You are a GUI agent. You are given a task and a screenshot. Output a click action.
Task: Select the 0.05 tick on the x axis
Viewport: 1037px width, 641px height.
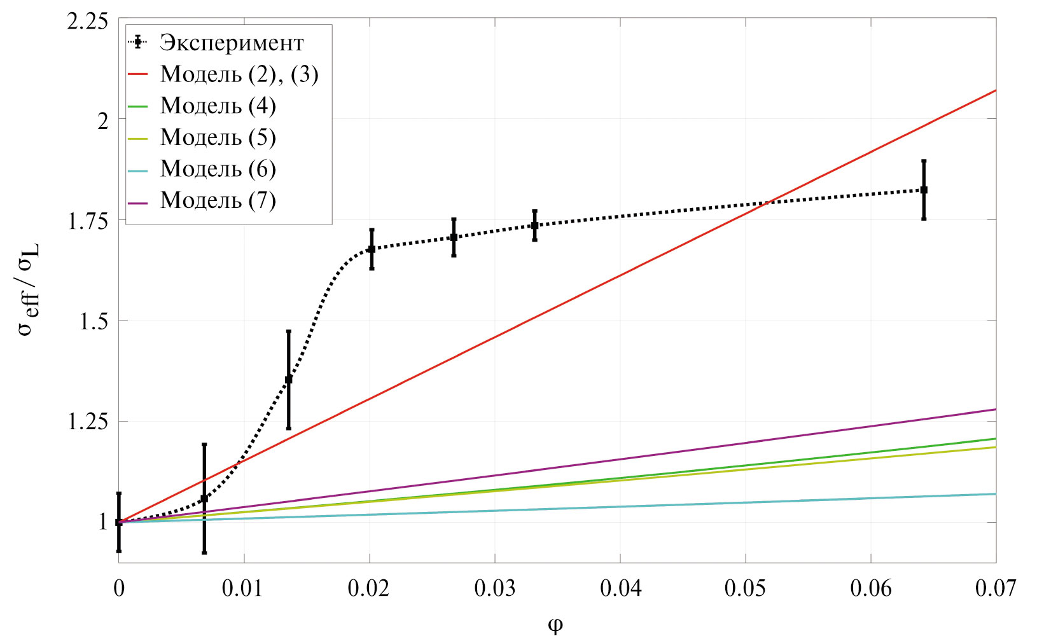[x=745, y=589]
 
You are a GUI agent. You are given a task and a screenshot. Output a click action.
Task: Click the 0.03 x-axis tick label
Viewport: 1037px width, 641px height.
[x=494, y=589]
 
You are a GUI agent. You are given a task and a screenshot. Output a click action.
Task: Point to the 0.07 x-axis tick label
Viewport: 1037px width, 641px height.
[x=995, y=589]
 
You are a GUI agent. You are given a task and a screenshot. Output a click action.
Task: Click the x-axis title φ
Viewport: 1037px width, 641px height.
[x=555, y=626]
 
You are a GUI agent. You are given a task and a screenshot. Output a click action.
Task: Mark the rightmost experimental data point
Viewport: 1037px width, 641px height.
[x=924, y=190]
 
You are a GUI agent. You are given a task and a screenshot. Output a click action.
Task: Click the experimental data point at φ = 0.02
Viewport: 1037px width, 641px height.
[x=372, y=249]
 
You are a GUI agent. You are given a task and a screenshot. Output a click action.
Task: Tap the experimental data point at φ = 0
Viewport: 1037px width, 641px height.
[x=119, y=522]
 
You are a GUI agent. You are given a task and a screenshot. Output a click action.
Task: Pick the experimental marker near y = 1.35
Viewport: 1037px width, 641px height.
[x=289, y=380]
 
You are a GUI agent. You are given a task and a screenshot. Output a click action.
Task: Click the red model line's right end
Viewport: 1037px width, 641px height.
[x=995, y=91]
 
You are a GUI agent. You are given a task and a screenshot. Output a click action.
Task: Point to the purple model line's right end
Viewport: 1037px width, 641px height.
[x=995, y=410]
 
